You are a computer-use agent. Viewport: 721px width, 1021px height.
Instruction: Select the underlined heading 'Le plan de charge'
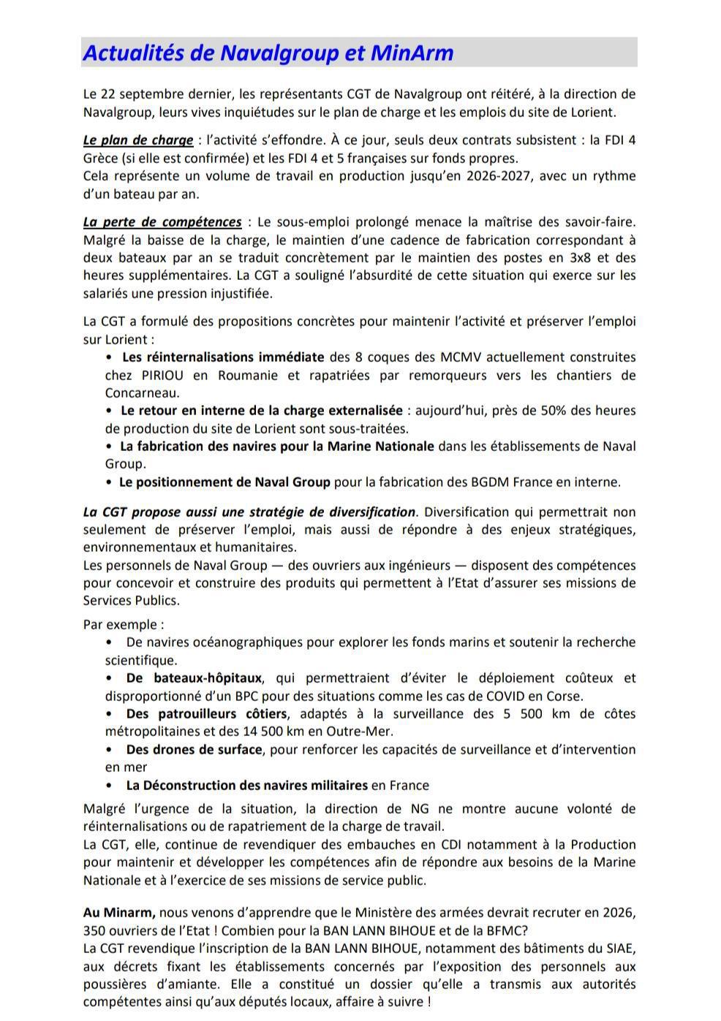pyautogui.click(x=137, y=140)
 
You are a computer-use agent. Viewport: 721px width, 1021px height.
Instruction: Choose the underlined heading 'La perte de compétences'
pyautogui.click(x=162, y=222)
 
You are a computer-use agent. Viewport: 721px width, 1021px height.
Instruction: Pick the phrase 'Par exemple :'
pyautogui.click(x=124, y=625)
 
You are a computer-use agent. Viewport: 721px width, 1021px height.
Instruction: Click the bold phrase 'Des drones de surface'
pyautogui.click(x=194, y=750)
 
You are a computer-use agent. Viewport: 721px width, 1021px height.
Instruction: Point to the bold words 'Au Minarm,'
pyautogui.click(x=119, y=913)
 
